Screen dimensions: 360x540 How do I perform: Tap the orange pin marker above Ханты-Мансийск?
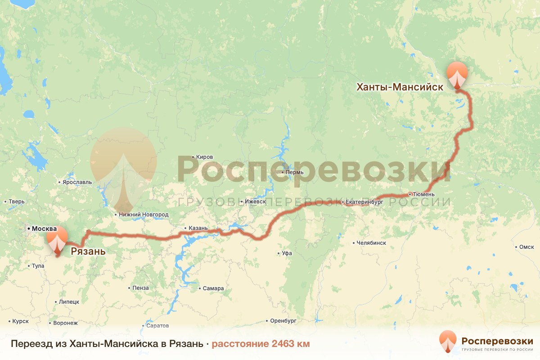point(457,75)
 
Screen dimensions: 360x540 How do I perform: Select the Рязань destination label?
point(88,251)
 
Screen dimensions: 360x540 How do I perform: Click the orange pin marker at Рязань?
point(57,239)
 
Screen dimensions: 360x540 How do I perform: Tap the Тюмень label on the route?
point(424,194)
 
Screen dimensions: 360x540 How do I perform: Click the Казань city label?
point(198,228)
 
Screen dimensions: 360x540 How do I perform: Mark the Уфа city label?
point(287,253)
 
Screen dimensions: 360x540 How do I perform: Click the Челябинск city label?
point(371,243)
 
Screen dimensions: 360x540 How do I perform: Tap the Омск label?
point(526,247)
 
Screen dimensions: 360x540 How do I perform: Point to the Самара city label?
point(213,288)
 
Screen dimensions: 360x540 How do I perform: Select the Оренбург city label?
point(283,321)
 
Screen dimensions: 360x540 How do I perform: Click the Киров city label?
point(204,157)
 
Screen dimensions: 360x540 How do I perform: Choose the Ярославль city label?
point(77,182)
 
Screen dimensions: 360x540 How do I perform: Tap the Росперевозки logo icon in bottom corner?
point(448,342)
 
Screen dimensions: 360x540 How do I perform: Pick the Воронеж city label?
point(65,323)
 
